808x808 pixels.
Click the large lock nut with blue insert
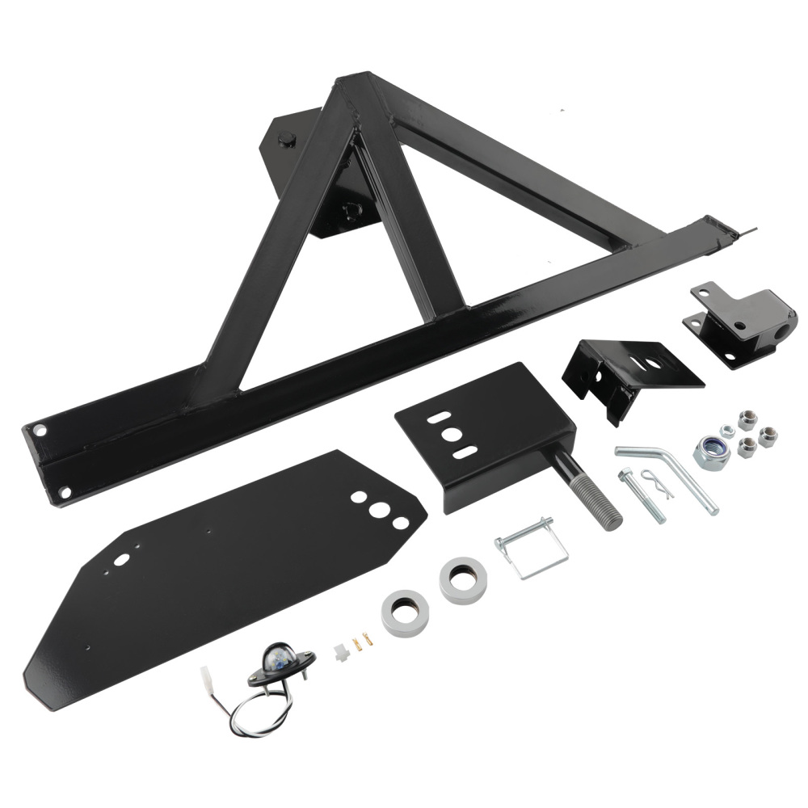(x=712, y=450)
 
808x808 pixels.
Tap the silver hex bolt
(x=642, y=495)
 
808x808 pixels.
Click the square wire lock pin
(x=532, y=549)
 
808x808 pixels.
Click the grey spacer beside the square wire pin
(x=463, y=579)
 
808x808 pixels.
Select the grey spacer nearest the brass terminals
(x=405, y=612)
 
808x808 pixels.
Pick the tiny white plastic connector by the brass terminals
(x=340, y=646)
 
